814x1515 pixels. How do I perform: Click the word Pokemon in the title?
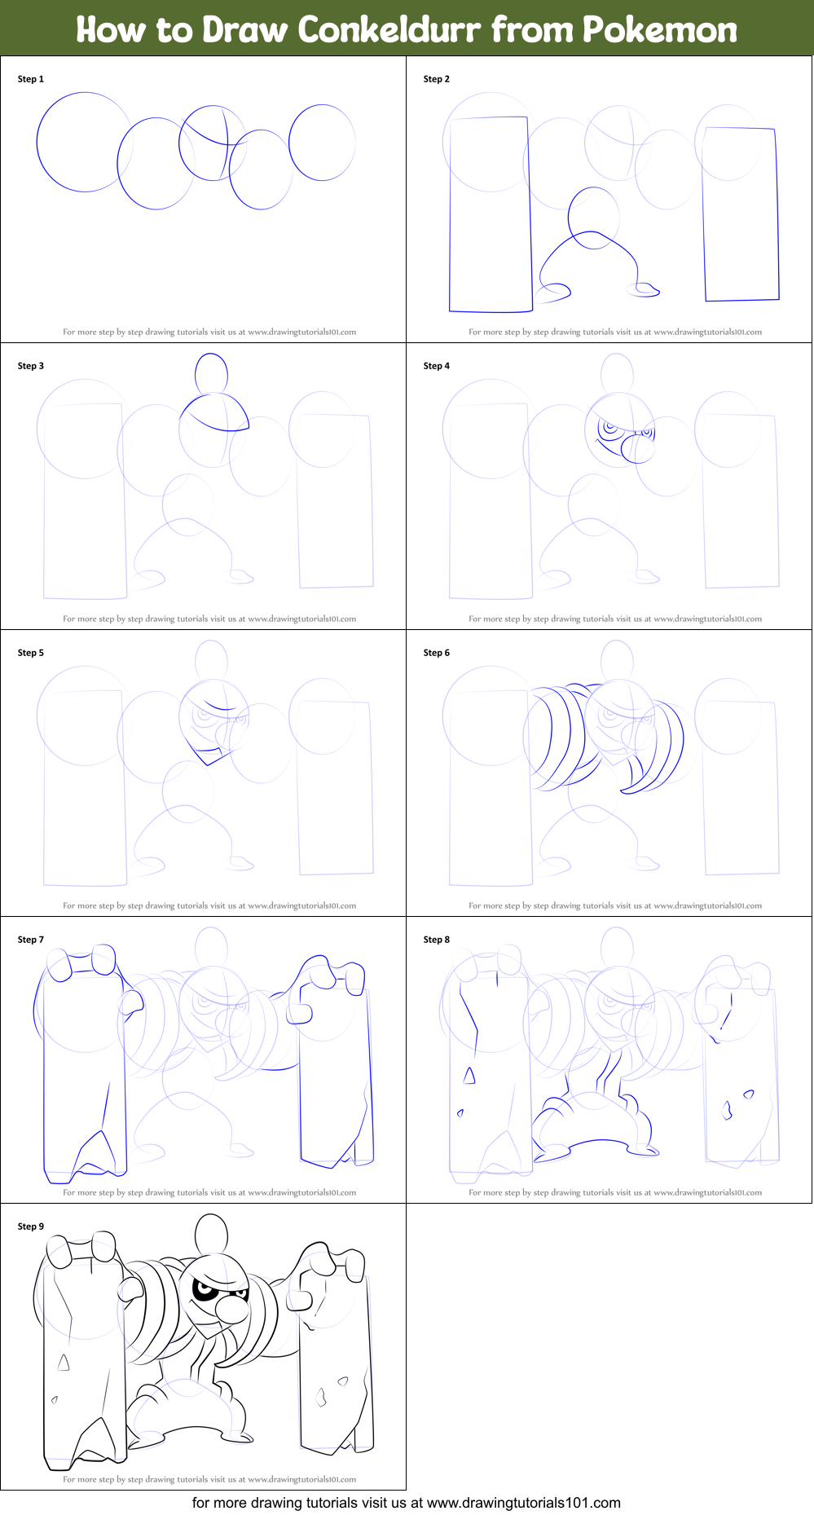coord(659,29)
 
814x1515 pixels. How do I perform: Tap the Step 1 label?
coord(31,79)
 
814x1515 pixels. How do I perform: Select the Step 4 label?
coord(437,366)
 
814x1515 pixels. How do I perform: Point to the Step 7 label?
coord(31,940)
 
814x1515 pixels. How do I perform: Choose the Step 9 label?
coord(31,1227)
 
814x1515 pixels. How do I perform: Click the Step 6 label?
coord(437,653)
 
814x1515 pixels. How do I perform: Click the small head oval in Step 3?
coord(212,374)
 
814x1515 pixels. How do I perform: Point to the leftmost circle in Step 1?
coord(37,143)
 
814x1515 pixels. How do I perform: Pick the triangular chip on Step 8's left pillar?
coord(469,1076)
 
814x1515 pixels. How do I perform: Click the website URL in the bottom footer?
coord(524,1503)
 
